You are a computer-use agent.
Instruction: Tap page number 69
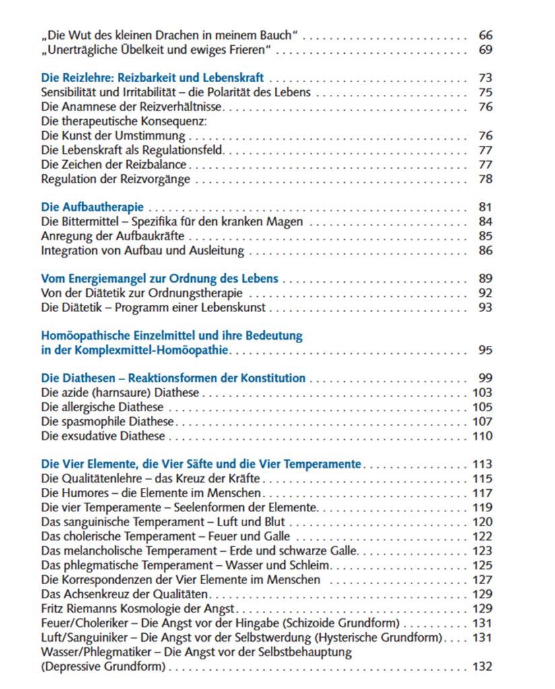point(485,50)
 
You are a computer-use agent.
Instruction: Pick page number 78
point(485,179)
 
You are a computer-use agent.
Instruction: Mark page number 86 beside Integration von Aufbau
point(485,250)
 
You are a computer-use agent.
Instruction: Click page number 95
point(485,350)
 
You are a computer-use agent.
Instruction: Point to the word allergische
point(92,407)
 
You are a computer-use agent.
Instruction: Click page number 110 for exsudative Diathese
point(482,436)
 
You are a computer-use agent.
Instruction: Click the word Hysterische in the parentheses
point(350,637)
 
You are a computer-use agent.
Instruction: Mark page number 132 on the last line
point(482,667)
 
